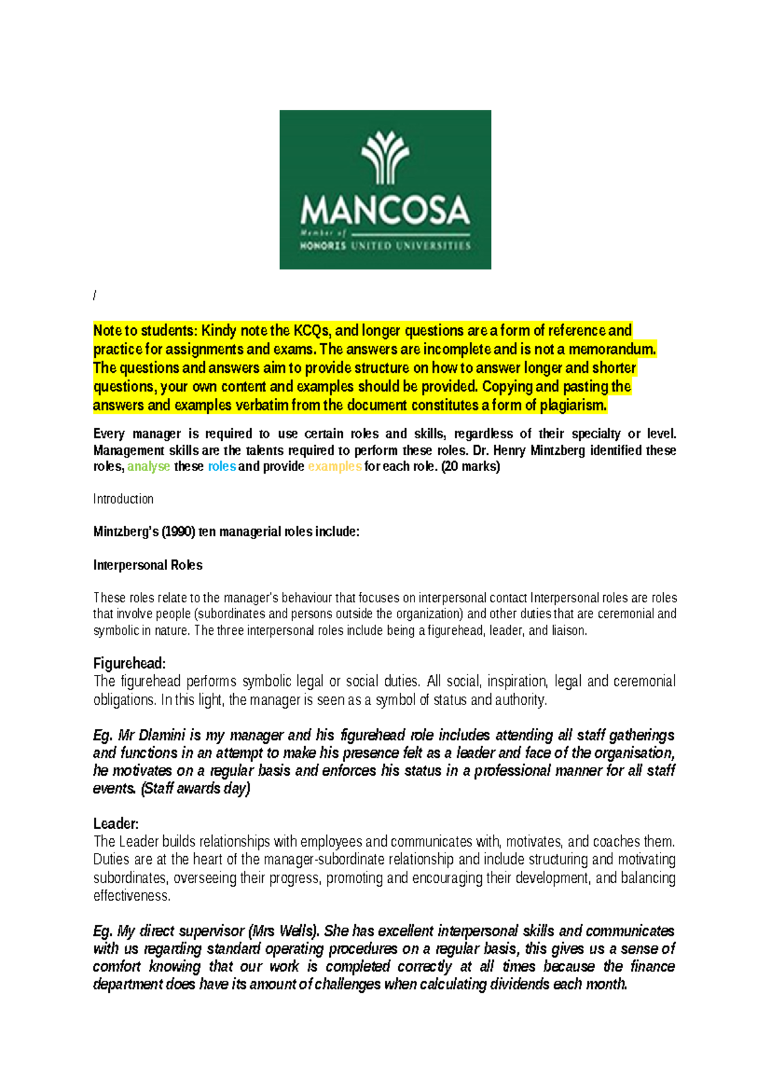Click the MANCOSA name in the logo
[385, 210]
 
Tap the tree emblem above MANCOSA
[385, 157]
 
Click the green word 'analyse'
[148, 467]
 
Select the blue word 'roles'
[222, 467]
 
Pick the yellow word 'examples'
[335, 467]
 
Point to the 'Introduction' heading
[123, 499]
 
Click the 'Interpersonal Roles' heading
[148, 566]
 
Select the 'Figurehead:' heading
[130, 663]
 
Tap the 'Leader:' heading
[116, 824]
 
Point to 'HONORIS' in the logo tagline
[323, 246]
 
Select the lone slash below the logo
[95, 296]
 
